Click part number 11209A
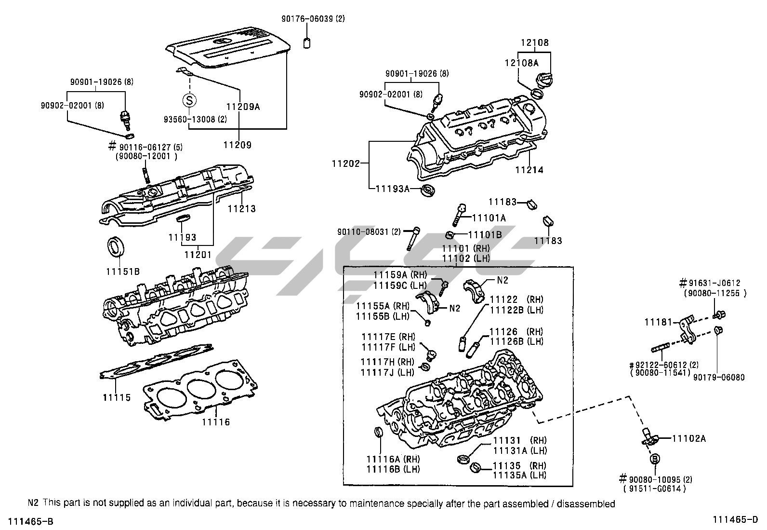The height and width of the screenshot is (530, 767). coord(243,107)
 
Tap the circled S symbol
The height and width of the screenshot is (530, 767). coord(189,100)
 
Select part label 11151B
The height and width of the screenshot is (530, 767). coord(123,272)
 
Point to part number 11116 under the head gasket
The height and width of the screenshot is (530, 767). coord(216,422)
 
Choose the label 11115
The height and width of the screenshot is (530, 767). coord(117,398)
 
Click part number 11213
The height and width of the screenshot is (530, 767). coord(242,209)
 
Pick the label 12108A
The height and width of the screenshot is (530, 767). coord(522,63)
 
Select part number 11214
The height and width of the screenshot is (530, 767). coord(529,170)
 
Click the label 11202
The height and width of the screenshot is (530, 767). coord(345,164)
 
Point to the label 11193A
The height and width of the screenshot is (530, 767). coord(392,189)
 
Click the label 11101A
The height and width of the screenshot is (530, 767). coord(488,218)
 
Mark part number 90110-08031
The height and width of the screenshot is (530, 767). coord(363,231)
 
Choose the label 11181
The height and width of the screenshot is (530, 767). coord(659,321)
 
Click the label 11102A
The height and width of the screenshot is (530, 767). coord(689,438)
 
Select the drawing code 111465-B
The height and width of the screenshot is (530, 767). coord(27,521)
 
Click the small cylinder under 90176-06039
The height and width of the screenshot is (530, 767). coord(306,43)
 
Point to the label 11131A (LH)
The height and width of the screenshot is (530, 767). coord(519,450)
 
